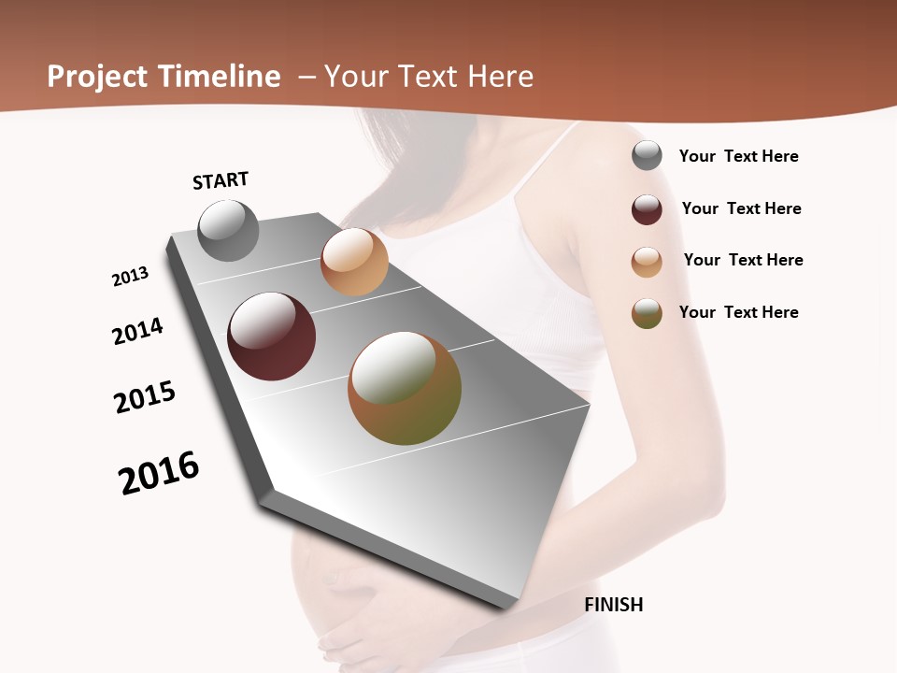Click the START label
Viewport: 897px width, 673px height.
(x=221, y=180)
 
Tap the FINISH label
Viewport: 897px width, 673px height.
(x=614, y=605)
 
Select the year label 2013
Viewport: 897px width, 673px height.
(x=130, y=277)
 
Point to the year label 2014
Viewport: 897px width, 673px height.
(x=137, y=331)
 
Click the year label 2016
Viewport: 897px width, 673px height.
(x=159, y=473)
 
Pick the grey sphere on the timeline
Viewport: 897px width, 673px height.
(x=228, y=230)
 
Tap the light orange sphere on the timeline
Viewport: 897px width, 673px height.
(x=354, y=262)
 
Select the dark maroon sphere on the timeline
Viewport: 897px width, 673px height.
(x=272, y=336)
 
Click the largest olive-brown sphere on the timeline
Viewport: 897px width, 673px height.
(x=405, y=388)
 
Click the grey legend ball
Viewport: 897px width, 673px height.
(x=647, y=155)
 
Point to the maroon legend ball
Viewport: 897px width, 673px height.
(x=647, y=209)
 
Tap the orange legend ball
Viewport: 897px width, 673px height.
(x=647, y=262)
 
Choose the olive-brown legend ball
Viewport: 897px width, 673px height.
(x=647, y=313)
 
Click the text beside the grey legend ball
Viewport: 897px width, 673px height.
(x=738, y=156)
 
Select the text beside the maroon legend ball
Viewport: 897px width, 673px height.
(x=741, y=208)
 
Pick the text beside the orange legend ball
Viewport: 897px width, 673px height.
(x=743, y=260)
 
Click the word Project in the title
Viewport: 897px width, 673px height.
(x=97, y=77)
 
